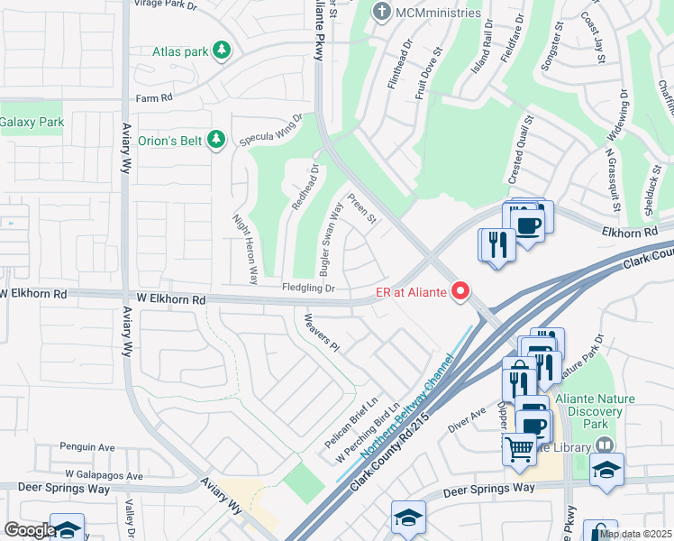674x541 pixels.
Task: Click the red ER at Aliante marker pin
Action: (461, 290)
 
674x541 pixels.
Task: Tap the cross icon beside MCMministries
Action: (382, 13)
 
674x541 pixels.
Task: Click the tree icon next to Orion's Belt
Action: (215, 140)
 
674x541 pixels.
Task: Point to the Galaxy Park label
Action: (32, 122)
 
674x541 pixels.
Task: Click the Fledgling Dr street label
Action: (308, 289)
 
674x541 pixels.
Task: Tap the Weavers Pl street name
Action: (321, 333)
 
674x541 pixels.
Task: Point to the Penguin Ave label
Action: (87, 446)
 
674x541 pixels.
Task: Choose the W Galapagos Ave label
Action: (104, 475)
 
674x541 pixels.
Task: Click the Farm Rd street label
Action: (153, 98)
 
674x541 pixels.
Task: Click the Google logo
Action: (30, 530)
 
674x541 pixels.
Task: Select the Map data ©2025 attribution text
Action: (634, 534)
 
